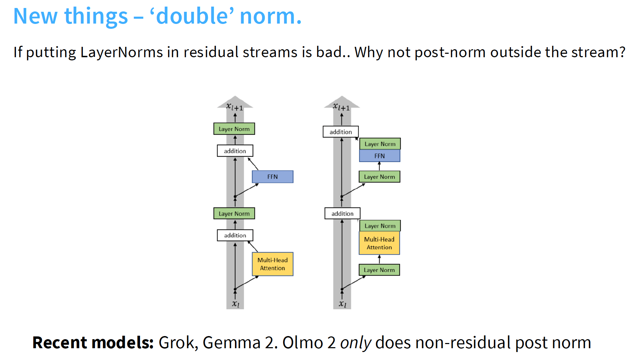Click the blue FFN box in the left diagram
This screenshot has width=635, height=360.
pos(272,177)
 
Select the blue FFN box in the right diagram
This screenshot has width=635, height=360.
pos(380,156)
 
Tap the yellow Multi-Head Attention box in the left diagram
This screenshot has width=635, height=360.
pos(272,264)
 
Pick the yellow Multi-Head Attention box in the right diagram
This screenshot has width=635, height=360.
pos(379,243)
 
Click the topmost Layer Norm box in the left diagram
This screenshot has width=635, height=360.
pos(234,129)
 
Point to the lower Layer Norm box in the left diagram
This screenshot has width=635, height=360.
pos(234,213)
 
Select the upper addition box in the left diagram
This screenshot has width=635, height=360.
pos(235,151)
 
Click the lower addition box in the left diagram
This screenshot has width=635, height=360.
pos(235,235)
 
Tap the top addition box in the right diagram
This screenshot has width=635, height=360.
pos(340,132)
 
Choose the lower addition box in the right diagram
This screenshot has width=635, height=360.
pos(342,213)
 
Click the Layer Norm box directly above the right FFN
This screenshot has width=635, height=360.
pos(380,144)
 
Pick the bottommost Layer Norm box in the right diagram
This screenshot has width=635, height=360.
pos(379,270)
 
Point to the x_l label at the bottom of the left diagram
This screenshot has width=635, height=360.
pos(236,304)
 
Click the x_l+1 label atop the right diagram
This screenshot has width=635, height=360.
pos(341,107)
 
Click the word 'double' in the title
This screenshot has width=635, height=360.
pos(192,16)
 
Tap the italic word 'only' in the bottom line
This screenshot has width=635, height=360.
pos(356,343)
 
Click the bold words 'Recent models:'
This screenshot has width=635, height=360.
pos(93,343)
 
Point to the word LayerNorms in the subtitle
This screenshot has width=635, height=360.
pos(122,52)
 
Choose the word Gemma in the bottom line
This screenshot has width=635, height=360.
pos(232,343)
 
